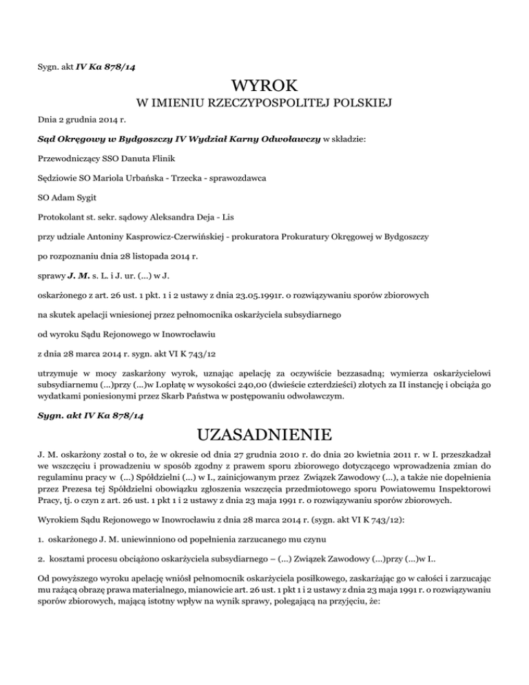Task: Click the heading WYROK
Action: pyautogui.click(x=264, y=86)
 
